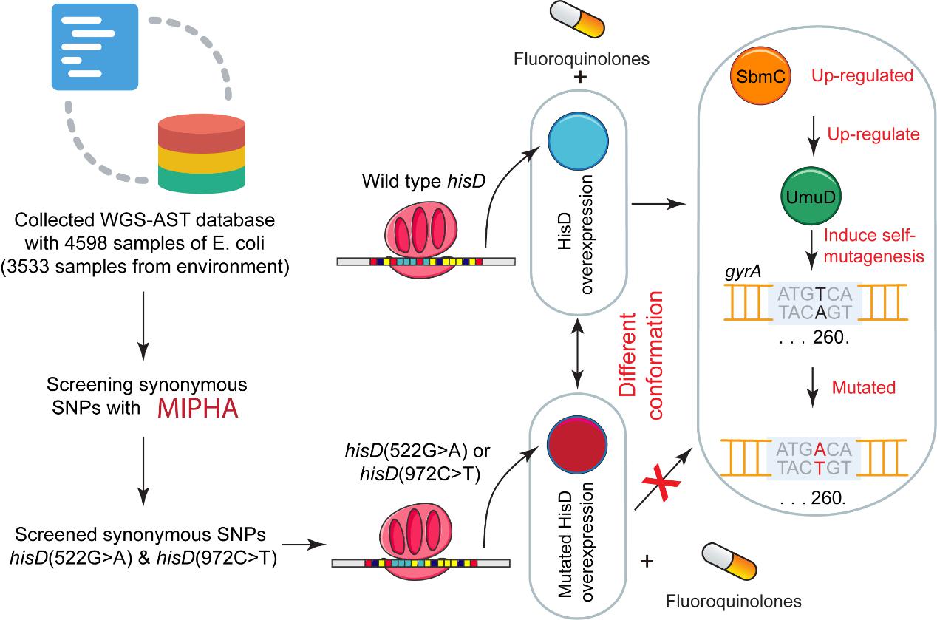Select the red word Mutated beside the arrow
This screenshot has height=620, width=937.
pyautogui.click(x=864, y=387)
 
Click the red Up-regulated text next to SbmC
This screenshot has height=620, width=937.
pyautogui.click(x=862, y=76)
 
